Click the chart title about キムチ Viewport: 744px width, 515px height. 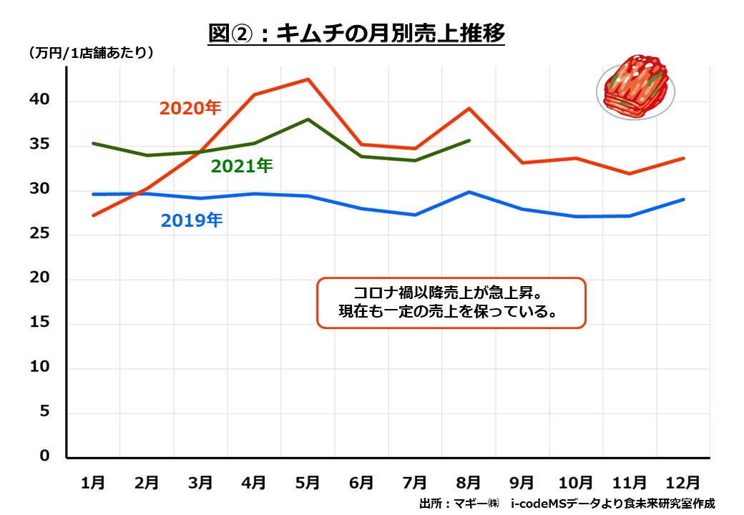(x=356, y=33)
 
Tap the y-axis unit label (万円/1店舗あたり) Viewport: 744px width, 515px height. (x=91, y=52)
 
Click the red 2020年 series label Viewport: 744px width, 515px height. (x=190, y=108)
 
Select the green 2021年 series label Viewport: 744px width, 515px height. (x=242, y=166)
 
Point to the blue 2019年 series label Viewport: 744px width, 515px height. (x=192, y=220)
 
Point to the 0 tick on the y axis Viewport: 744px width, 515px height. (x=45, y=456)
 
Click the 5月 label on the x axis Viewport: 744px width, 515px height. (x=308, y=483)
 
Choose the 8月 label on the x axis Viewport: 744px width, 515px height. (x=469, y=483)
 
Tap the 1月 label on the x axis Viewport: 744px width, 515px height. (x=93, y=483)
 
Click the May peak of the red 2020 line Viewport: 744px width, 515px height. (x=308, y=79)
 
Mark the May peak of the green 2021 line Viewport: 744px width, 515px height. (x=308, y=119)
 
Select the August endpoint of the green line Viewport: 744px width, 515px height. (x=469, y=140)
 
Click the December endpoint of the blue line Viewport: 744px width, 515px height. (x=684, y=200)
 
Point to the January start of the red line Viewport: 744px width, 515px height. (x=93, y=215)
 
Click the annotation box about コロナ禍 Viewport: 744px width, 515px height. (x=451, y=303)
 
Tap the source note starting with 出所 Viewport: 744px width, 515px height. (x=567, y=504)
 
